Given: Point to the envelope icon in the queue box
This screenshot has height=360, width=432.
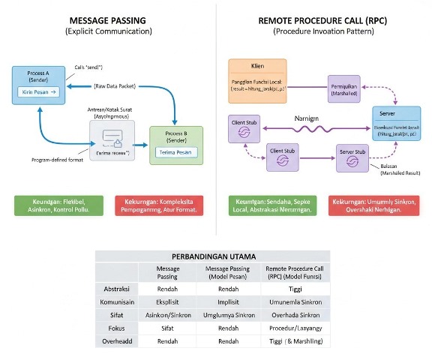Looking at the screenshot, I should point(112,137).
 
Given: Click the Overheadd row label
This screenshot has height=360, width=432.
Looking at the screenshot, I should point(116,342).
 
